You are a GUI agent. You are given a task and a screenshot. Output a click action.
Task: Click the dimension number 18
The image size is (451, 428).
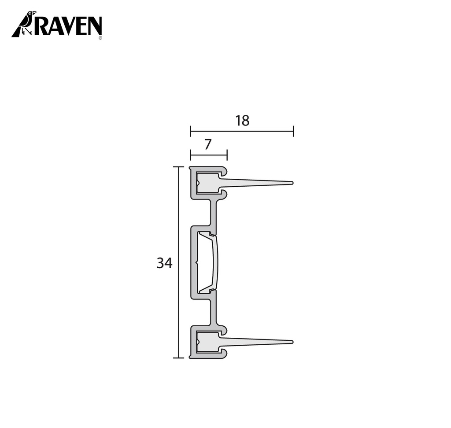pyautogui.click(x=242, y=121)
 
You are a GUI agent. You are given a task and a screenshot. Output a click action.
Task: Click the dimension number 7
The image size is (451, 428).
pyautogui.click(x=208, y=144)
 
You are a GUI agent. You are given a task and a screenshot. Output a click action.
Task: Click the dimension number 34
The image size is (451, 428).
pyautogui.click(x=164, y=263)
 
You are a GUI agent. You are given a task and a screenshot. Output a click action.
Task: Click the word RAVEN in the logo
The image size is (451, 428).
pyautogui.click(x=68, y=26)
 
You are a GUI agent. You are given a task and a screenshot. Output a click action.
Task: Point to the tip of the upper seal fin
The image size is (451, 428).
pyautogui.click(x=292, y=183)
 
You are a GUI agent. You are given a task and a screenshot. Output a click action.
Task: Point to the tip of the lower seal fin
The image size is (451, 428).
pyautogui.click(x=292, y=342)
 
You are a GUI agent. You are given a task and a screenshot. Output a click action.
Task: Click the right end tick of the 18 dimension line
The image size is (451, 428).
pyautogui.click(x=293, y=131)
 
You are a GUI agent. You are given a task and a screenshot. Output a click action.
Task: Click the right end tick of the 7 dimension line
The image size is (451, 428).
pyautogui.click(x=227, y=155)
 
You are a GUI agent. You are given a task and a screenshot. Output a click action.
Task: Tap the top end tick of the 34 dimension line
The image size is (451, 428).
pyautogui.click(x=178, y=167)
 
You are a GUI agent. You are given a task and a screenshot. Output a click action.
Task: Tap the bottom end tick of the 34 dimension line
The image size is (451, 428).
pyautogui.click(x=178, y=358)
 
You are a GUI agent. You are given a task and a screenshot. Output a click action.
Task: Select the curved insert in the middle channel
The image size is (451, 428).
pyautogui.click(x=214, y=262)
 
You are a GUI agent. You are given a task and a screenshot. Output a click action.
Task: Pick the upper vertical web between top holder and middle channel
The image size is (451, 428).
pyautogui.click(x=214, y=215)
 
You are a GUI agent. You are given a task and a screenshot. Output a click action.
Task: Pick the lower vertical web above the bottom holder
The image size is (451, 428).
pyautogui.click(x=214, y=311)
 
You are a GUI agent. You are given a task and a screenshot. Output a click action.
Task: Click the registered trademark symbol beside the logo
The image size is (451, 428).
pyautogui.click(x=100, y=38)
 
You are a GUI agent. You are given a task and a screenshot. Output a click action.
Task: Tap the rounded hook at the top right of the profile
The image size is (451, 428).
pyautogui.click(x=224, y=170)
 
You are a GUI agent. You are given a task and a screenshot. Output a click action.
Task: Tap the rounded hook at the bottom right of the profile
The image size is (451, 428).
pyautogui.click(x=224, y=354)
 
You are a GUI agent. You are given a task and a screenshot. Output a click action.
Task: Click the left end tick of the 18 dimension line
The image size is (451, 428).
pyautogui.click(x=190, y=131)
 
